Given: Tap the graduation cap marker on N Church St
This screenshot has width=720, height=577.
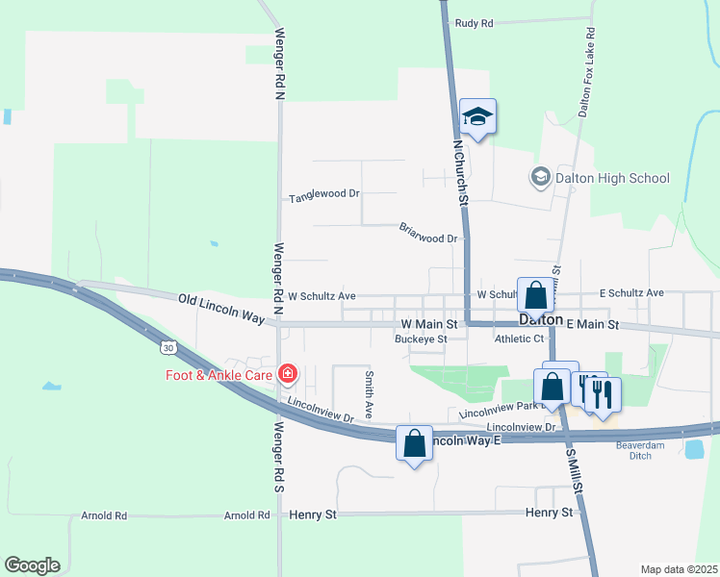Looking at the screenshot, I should (x=477, y=117).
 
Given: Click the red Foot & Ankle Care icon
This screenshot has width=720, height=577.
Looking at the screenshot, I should (x=286, y=373).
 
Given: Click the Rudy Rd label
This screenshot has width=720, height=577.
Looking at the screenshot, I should (x=474, y=22).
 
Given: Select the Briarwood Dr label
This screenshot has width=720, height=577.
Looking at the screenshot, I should (x=426, y=232).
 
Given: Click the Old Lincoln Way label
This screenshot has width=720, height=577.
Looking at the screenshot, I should (x=221, y=306).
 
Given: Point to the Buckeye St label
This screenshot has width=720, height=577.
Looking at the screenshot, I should (x=421, y=339).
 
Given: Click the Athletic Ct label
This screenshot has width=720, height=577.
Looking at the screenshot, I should (x=519, y=339).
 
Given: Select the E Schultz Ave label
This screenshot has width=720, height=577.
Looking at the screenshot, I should (x=631, y=292).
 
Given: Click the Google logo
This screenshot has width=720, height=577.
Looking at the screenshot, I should (x=32, y=565).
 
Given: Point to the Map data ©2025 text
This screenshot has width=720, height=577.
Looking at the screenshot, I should (x=678, y=569).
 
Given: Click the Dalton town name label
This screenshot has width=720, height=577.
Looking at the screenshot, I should (x=540, y=318).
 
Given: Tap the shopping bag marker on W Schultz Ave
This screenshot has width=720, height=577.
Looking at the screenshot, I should (x=535, y=294).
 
